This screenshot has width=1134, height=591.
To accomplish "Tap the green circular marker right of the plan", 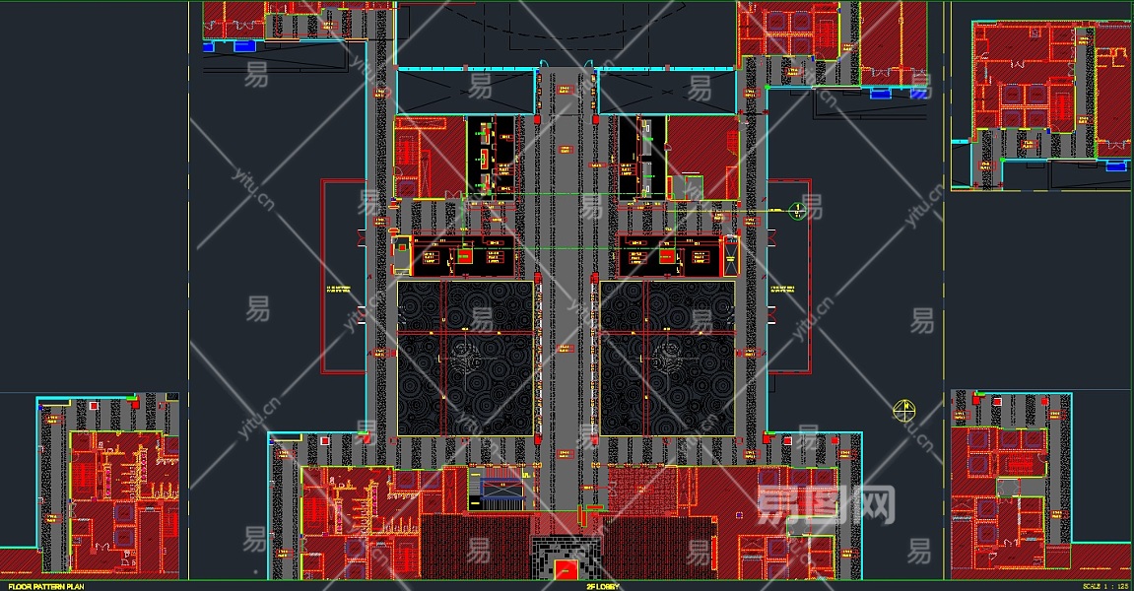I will pos(797,210).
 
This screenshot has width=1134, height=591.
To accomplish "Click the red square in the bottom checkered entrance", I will pos(567,568).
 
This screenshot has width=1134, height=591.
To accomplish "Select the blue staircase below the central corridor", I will pos(500,487).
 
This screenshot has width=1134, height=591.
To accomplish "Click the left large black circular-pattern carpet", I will pos(465,358).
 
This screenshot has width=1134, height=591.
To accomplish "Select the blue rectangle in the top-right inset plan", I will pos(1115,165).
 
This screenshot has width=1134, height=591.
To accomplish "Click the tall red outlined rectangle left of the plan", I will pos(343,276).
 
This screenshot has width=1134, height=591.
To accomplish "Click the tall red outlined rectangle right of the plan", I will pos(789,276).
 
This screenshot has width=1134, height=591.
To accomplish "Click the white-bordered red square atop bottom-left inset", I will pos(94,404).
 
